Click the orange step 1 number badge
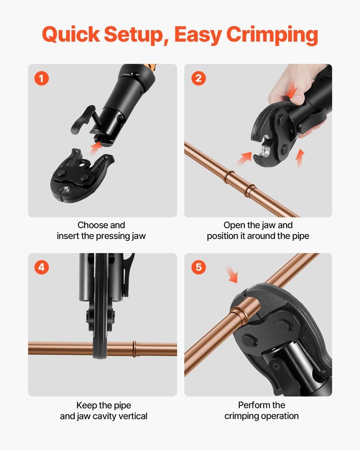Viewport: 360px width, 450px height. pos(42,78)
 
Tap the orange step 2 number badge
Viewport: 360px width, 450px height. pos(198,78)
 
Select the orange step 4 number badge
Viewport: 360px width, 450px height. pos(42,267)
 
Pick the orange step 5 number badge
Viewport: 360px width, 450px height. pos(198,267)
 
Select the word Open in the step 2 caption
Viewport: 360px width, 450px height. pos(234,225)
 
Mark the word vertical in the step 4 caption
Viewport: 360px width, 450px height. pos(132,416)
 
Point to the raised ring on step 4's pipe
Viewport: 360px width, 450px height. pos(135,349)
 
